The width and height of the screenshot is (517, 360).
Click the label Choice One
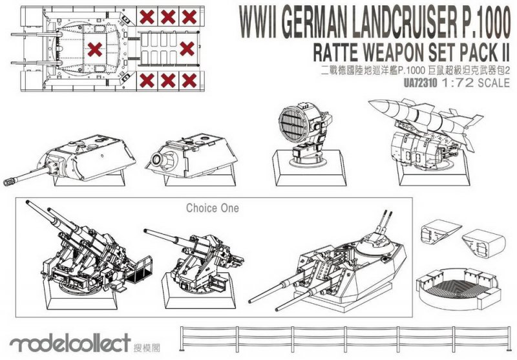[x=212, y=208]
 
